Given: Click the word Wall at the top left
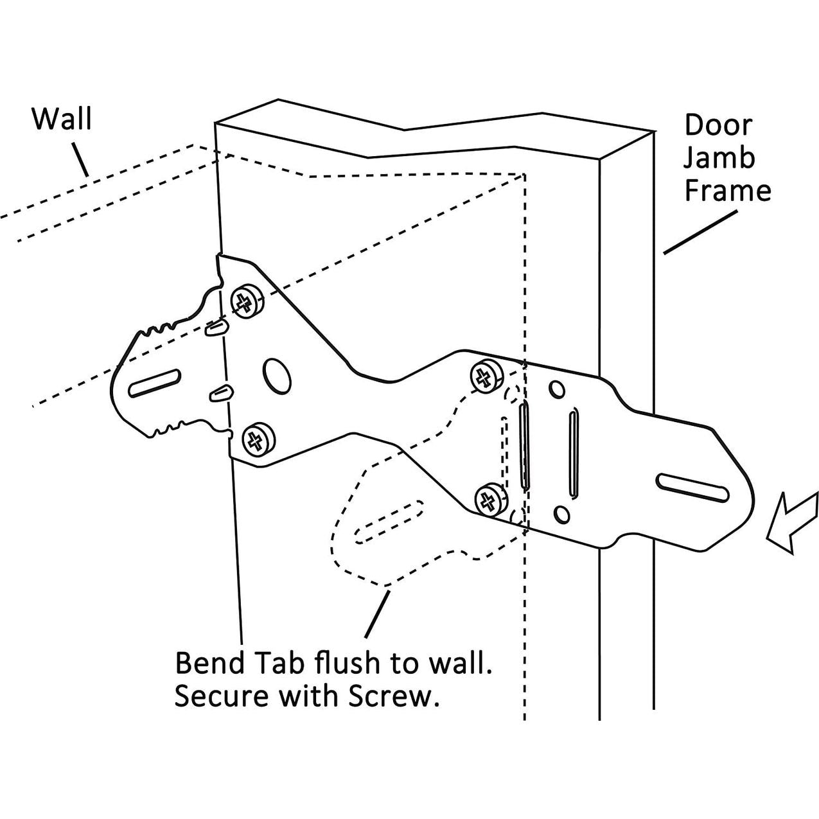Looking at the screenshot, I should (x=62, y=119).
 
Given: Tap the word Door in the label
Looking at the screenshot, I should (x=718, y=125).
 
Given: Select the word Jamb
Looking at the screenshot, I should (x=719, y=158).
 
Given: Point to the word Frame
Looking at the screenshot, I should (x=727, y=191).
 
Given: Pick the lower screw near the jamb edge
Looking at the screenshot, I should (x=491, y=498).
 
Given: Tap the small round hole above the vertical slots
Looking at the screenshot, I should (x=556, y=389).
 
